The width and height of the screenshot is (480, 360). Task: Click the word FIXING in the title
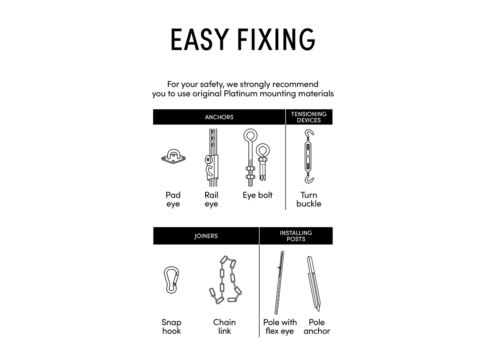276,39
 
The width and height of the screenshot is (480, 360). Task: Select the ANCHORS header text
219,117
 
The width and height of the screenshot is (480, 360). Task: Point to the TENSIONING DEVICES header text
309,117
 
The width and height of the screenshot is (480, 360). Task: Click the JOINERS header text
206,236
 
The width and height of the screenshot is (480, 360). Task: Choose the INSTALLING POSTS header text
296,236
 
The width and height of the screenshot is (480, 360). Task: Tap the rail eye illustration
212,158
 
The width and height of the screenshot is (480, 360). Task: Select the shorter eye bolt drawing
263,162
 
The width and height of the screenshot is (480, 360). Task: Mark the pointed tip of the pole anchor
319,311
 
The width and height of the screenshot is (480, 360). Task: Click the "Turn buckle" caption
309,199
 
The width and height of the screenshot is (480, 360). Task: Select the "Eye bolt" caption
258,195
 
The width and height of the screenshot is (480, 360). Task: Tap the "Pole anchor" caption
317,326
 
